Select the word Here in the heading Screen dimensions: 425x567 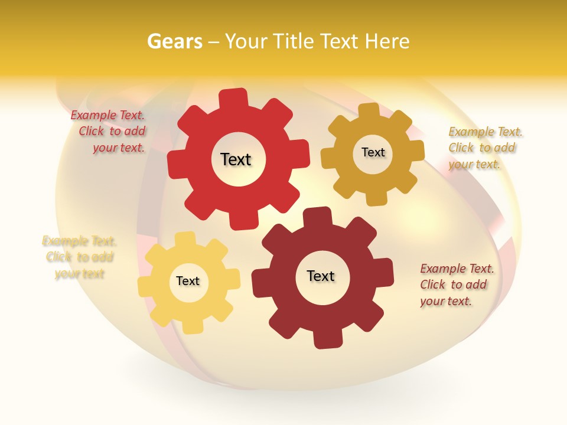coord(387,41)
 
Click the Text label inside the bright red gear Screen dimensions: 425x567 coord(236,159)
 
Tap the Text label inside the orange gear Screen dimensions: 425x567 coord(373,152)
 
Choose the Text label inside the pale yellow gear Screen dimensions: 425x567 coord(188,282)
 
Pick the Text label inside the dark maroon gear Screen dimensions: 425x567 coord(321,276)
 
